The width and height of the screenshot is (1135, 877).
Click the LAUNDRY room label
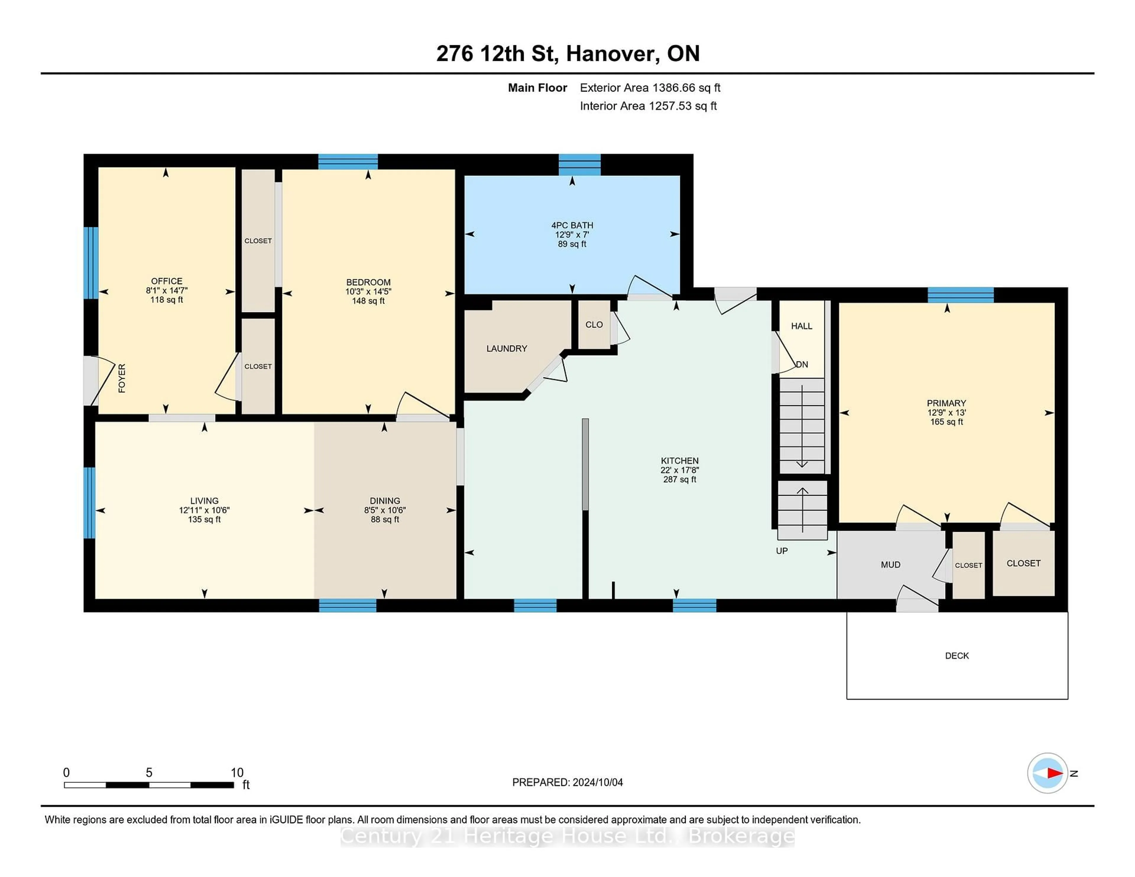[506, 349]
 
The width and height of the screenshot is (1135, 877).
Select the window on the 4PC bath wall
[579, 165]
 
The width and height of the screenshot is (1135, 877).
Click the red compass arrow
[1054, 773]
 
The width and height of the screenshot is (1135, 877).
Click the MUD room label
[890, 565]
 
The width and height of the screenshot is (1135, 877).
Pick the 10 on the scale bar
[237, 773]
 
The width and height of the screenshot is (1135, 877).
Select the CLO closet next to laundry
[594, 325]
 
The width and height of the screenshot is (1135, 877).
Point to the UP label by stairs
[781, 551]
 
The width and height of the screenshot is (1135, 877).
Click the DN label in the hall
[802, 365]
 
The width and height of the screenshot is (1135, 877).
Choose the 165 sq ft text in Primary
[946, 422]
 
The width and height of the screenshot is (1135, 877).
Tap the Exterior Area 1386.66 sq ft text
[650, 88]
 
